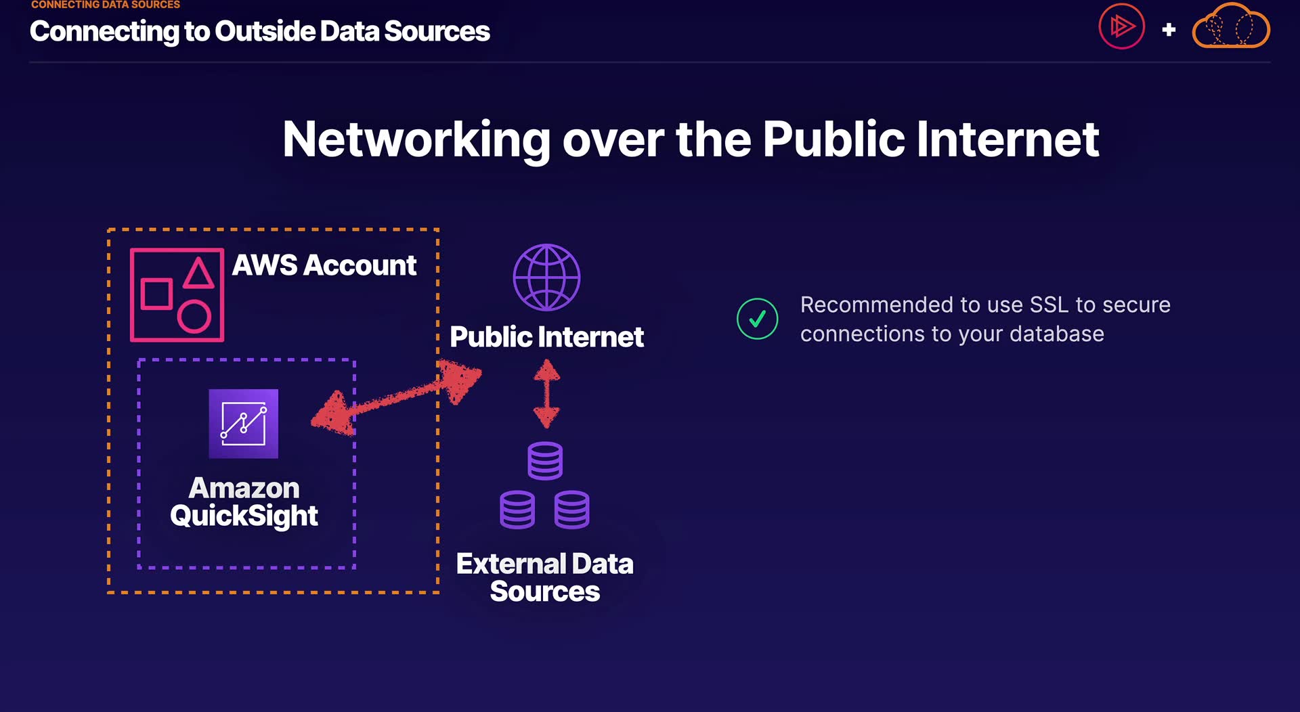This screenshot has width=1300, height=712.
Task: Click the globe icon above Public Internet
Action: click(546, 277)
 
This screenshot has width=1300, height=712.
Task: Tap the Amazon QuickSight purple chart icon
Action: click(244, 424)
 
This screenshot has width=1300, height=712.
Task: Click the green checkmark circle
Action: click(757, 319)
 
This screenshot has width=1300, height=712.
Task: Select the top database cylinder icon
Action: click(545, 461)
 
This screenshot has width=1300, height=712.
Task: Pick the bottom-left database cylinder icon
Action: click(517, 510)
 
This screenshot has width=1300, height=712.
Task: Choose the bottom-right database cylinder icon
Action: click(572, 510)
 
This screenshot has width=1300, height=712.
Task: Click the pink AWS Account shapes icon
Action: click(177, 295)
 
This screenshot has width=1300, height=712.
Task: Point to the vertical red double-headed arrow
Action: click(546, 393)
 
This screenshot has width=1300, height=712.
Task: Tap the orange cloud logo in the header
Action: click(1231, 26)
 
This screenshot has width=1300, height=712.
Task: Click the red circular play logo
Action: click(1121, 26)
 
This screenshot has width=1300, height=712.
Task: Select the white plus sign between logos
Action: click(1169, 30)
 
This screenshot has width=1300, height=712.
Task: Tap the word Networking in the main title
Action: click(416, 140)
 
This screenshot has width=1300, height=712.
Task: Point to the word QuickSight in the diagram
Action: click(244, 516)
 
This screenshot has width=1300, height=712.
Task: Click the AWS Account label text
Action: click(324, 265)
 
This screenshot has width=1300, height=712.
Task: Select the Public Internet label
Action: click(547, 337)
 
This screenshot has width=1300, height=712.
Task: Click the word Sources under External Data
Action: click(545, 592)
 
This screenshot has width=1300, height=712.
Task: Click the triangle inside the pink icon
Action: click(198, 273)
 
